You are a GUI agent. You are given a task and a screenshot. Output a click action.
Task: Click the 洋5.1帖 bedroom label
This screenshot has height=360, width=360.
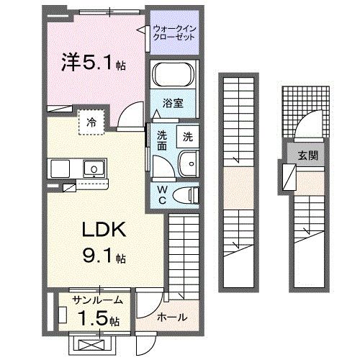pos(94,63)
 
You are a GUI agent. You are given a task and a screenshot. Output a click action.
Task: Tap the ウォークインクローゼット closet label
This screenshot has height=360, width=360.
pos(174,33)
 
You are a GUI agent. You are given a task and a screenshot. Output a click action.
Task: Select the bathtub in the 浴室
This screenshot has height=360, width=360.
pos(174,76)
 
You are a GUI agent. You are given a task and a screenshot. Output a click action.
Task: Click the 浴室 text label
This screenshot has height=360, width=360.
pos(174,102)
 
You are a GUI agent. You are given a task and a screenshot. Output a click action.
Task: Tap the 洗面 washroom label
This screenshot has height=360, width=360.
pos(162,140)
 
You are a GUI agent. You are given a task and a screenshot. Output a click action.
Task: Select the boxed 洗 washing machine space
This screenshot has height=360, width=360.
pos(186,135)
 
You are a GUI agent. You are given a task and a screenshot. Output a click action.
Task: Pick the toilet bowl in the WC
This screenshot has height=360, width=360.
pos(188,194)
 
